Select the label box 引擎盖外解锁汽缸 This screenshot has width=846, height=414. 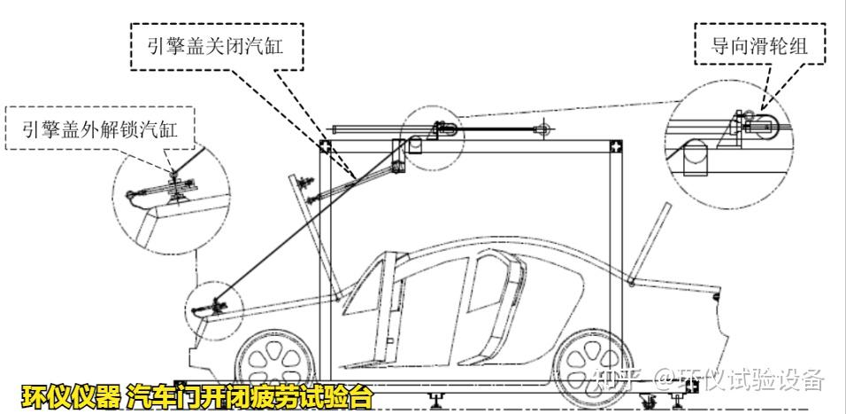(101, 130)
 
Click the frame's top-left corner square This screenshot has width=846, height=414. (325, 145)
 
